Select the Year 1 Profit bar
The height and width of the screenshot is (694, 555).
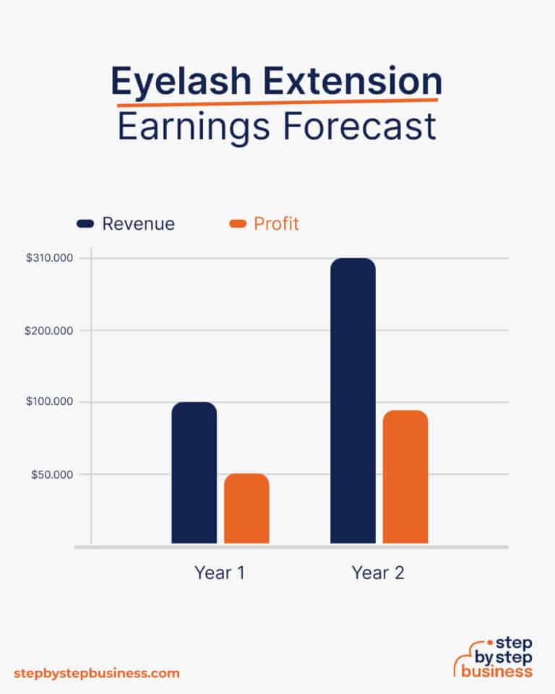click(x=246, y=508)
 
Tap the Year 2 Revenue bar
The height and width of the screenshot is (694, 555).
click(x=353, y=400)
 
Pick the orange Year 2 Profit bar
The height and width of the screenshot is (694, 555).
click(x=405, y=477)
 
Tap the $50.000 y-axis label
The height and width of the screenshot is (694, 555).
click(x=57, y=474)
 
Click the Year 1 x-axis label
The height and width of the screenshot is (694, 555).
click(x=220, y=573)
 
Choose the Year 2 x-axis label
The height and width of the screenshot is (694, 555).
click(x=378, y=573)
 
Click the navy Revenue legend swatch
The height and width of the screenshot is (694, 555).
click(x=86, y=224)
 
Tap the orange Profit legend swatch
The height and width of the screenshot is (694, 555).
click(x=238, y=224)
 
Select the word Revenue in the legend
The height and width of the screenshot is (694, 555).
click(x=138, y=224)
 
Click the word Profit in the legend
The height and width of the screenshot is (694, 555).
click(x=276, y=224)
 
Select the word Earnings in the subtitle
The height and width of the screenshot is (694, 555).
click(x=192, y=127)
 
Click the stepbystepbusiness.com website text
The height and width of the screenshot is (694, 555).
click(x=96, y=673)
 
